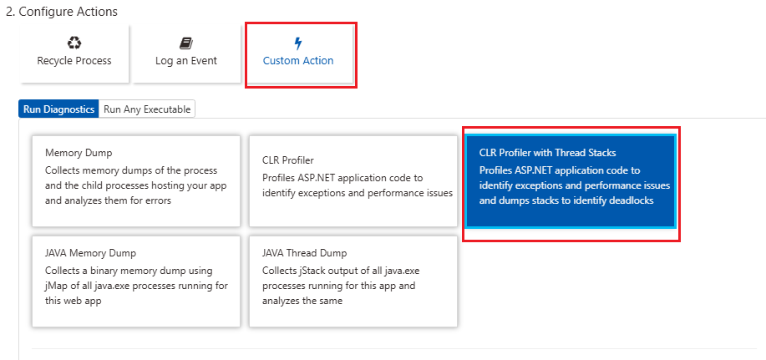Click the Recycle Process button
[x=74, y=53]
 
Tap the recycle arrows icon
[x=74, y=43]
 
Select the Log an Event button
[x=186, y=53]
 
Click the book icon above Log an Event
[x=186, y=43]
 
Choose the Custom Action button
[x=298, y=53]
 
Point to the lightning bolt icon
[x=298, y=44]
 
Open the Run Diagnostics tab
[x=58, y=109]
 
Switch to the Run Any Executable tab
[x=147, y=109]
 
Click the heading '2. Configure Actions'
[x=62, y=11]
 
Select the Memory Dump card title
[x=79, y=153]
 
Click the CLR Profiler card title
[x=287, y=160]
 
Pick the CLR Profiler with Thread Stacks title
[x=548, y=153]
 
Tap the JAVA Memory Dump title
[x=90, y=253]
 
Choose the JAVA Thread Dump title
[x=304, y=253]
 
